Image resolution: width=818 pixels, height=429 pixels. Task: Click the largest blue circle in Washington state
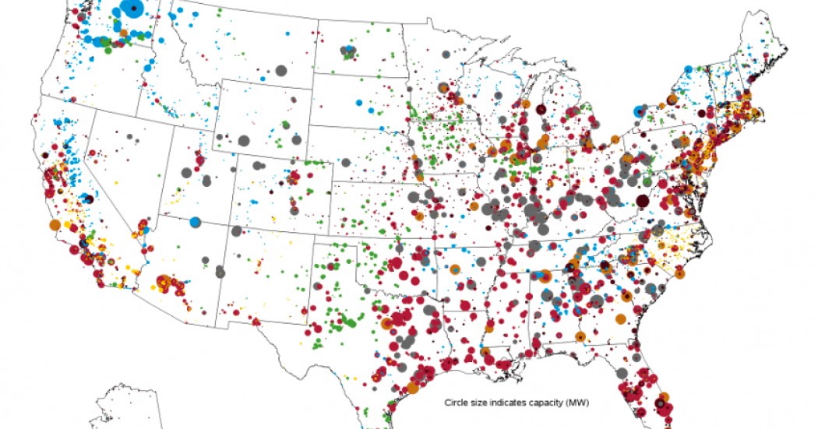(x=133, y=9)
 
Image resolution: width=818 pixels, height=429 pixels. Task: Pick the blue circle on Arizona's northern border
(x=194, y=221)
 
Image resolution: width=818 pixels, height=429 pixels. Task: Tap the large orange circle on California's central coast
(x=55, y=224)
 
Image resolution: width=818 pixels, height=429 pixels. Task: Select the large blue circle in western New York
(x=640, y=111)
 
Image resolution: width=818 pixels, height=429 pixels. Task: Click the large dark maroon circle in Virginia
(x=642, y=202)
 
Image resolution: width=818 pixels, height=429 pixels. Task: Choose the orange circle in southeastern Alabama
(x=580, y=336)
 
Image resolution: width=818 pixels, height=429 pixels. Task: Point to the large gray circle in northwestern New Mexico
(x=236, y=230)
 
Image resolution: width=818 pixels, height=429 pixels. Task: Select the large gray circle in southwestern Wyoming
(x=244, y=141)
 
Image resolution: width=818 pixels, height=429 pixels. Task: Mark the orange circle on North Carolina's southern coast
(x=679, y=273)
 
